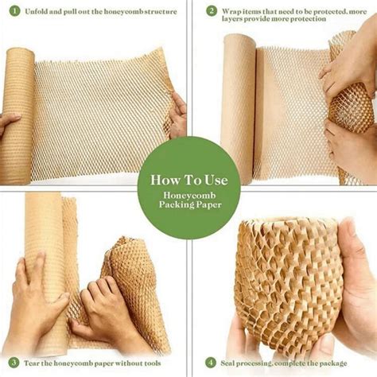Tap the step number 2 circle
coord(211,11)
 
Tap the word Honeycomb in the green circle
coord(188,196)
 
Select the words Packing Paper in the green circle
coord(188,205)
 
